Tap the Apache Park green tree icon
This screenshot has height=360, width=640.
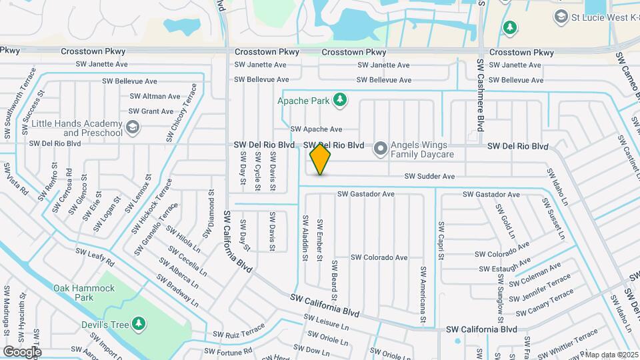340,100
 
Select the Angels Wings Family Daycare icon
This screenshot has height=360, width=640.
381,149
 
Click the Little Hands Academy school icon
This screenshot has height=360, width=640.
133,127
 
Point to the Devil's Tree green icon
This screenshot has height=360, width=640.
139,323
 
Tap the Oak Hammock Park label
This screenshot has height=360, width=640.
84,293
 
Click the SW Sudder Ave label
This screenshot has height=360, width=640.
430,177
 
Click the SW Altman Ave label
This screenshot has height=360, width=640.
155,97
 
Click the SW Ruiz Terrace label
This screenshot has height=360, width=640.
239,333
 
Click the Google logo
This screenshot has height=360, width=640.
22,351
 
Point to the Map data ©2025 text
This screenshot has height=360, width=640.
612,355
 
